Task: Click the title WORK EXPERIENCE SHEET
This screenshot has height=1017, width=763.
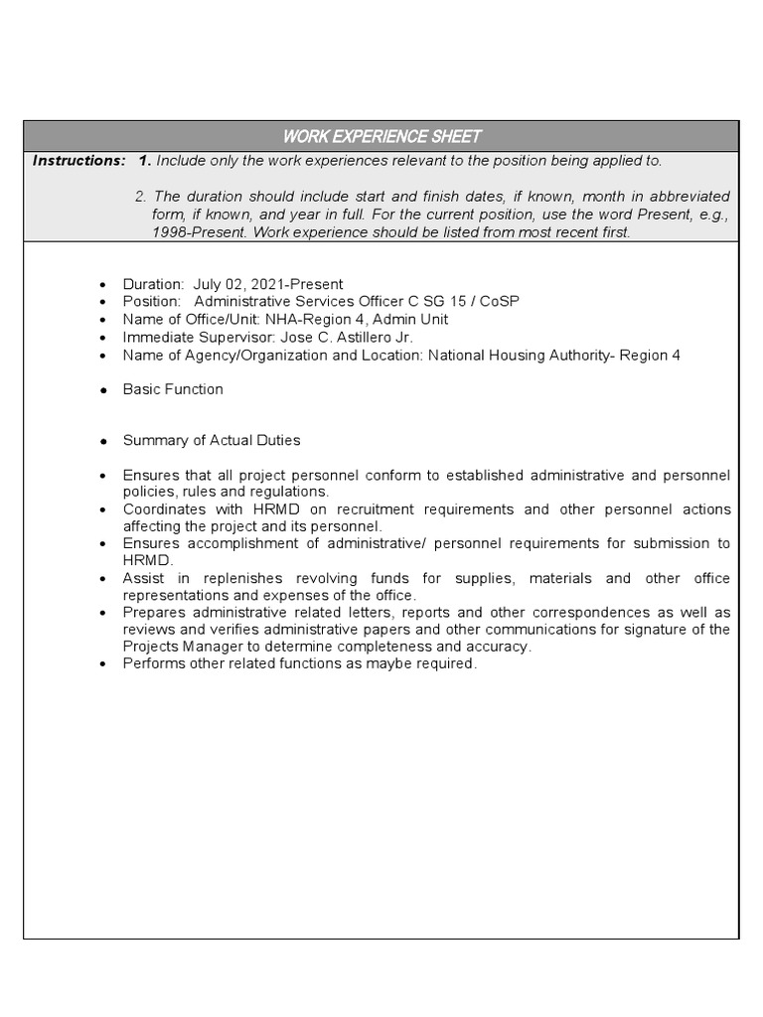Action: [381, 136]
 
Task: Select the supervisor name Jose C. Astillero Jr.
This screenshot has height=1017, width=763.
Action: [348, 337]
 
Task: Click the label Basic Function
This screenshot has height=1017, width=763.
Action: [173, 389]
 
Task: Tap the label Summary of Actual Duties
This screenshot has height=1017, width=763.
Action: [211, 440]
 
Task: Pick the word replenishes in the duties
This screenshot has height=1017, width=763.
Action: [243, 578]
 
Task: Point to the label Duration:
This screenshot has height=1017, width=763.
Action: [153, 284]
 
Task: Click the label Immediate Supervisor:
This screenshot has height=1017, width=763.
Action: [200, 337]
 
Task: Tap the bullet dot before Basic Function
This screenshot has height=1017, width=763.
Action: [103, 390]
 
